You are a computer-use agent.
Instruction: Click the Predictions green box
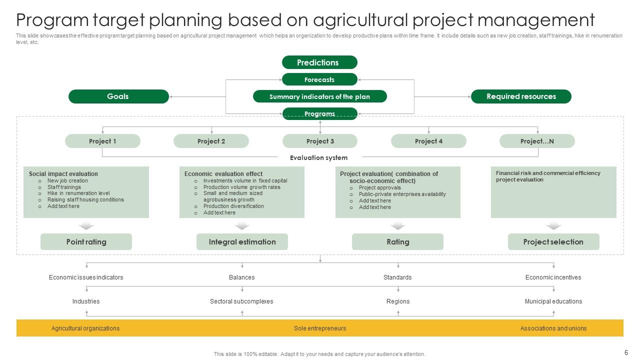pyautogui.click(x=319, y=62)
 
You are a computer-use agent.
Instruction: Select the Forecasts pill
pyautogui.click(x=319, y=79)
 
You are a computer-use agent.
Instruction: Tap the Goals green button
pyautogui.click(x=118, y=96)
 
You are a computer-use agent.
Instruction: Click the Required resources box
pyautogui.click(x=521, y=96)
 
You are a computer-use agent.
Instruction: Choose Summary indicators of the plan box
pyautogui.click(x=319, y=96)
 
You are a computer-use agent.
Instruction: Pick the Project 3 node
pyautogui.click(x=320, y=141)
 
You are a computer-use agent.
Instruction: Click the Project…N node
pyautogui.click(x=537, y=141)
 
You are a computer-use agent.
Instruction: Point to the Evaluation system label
pyautogui.click(x=318, y=157)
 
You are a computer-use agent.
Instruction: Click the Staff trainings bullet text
pyautogui.click(x=64, y=187)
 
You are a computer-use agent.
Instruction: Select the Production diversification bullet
pyautogui.click(x=233, y=206)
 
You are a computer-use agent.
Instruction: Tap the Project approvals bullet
pyautogui.click(x=379, y=187)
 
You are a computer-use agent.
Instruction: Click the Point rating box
pyautogui.click(x=86, y=242)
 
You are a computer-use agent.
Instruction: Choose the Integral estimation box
pyautogui.click(x=242, y=242)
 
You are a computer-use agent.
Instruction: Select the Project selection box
pyautogui.click(x=553, y=242)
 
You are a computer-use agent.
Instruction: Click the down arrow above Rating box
pyautogui.click(x=398, y=226)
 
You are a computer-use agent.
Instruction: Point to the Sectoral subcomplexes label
pyautogui.click(x=241, y=301)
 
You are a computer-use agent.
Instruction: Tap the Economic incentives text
pyautogui.click(x=553, y=277)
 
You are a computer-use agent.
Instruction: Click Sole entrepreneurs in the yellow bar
pyautogui.click(x=320, y=328)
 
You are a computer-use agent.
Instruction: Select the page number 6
pyautogui.click(x=626, y=352)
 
